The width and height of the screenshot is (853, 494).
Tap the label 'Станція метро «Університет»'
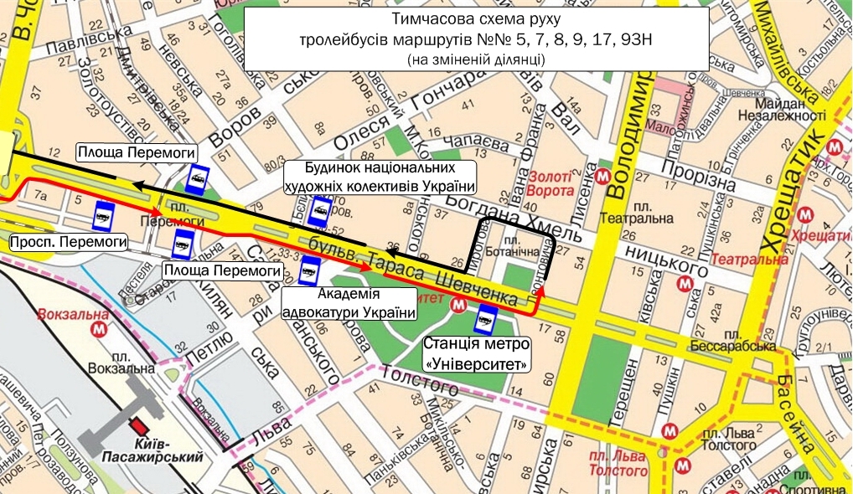coord(477,354)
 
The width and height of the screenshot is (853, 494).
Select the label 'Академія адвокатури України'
coord(349,303)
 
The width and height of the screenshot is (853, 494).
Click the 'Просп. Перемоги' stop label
coord(69,243)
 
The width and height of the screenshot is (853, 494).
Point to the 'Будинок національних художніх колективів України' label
coord(380,178)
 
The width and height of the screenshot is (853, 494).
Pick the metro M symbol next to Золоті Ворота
coord(602,176)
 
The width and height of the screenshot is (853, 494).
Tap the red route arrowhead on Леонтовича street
coord(540,291)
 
